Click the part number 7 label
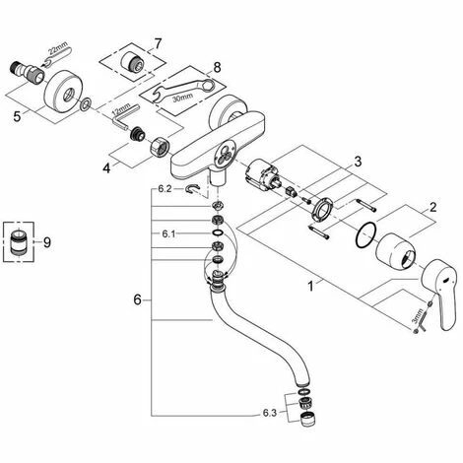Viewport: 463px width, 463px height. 158,43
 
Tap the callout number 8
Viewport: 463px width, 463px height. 217,68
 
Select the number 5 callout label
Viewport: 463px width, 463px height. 17,116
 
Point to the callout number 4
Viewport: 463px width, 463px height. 106,168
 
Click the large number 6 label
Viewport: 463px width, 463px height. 137,299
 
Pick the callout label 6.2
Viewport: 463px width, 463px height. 165,189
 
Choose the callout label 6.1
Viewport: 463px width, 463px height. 168,233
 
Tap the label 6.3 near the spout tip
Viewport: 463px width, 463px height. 270,413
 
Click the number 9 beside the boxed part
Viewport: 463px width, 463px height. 47,242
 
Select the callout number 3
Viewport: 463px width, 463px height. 358,162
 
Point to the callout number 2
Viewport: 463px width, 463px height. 432,207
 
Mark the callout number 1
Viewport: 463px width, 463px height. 310,287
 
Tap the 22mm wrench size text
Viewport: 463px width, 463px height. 58,48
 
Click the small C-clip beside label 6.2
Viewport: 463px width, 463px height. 192,189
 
